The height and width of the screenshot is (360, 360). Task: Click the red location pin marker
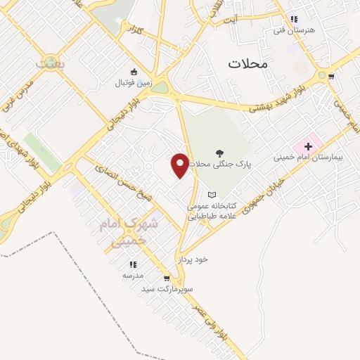pos(180,165)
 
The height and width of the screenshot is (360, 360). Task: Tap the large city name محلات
pos(248,63)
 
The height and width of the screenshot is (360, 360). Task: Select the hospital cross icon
pos(308,146)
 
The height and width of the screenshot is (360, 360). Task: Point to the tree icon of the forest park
pos(220,153)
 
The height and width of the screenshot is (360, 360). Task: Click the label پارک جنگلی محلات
pos(221,163)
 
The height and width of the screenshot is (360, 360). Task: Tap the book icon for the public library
pos(212,195)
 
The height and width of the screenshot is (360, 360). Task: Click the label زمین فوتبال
pos(133,83)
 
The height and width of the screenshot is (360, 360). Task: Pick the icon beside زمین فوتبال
pos(133,71)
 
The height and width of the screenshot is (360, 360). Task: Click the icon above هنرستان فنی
pos(294,20)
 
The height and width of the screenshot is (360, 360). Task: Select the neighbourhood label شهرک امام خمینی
pos(134,231)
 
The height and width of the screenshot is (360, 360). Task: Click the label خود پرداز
pos(193,259)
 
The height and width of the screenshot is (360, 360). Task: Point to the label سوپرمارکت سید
pos(167,288)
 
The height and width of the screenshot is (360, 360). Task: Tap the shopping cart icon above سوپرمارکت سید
pos(167,278)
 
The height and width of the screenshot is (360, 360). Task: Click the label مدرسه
pos(133,276)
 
